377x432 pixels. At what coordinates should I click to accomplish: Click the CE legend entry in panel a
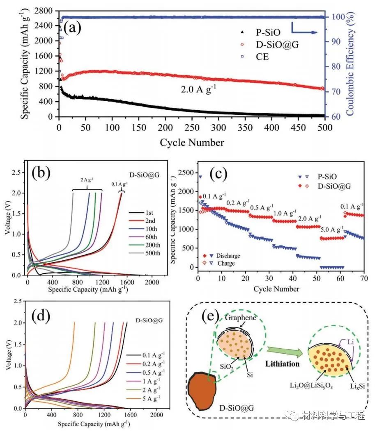[x=262, y=57]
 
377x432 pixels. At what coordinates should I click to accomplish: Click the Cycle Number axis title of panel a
[x=192, y=142]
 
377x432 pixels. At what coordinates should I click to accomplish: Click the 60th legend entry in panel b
[x=152, y=235]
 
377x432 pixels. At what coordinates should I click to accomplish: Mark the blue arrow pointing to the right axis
[x=304, y=30]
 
